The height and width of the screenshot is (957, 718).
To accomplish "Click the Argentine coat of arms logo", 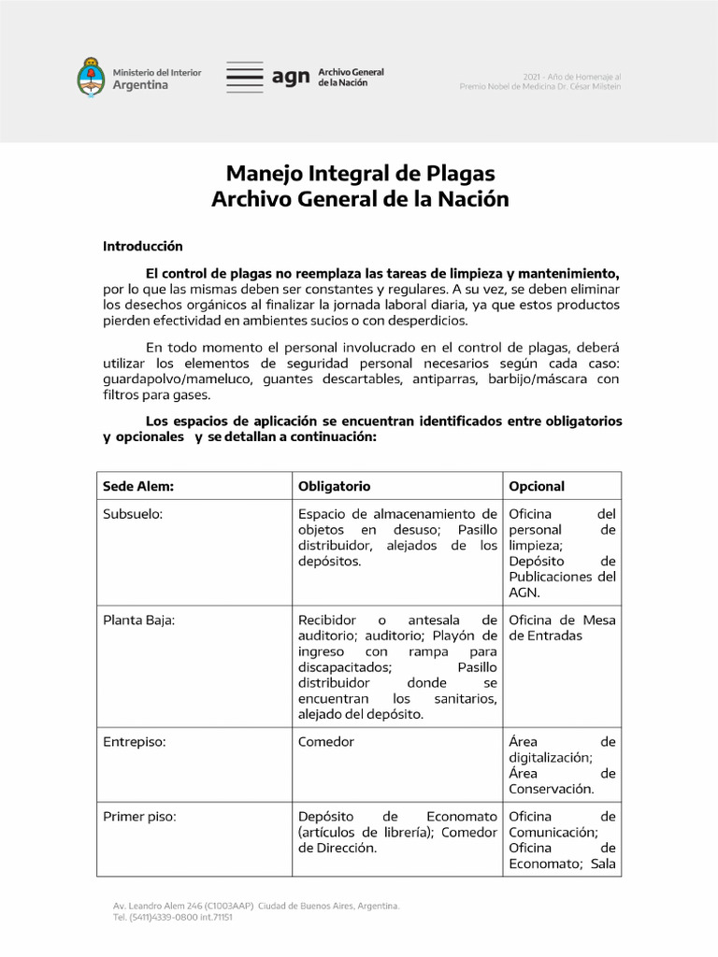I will coord(91,78).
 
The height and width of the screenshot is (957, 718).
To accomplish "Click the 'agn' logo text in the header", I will coord(291,78).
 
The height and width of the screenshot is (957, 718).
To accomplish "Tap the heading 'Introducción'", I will coord(142,247).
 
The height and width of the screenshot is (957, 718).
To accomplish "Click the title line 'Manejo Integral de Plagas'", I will coord(360,174).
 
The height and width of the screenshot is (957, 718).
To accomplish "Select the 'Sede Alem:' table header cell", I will coord(138,486).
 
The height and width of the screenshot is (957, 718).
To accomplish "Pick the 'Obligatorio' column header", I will coord(334,486).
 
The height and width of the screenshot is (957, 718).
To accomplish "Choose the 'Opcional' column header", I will coord(537,486).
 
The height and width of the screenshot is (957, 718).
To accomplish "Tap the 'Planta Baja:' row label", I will coord(138,620).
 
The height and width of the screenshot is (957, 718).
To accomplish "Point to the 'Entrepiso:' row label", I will coord(134,742).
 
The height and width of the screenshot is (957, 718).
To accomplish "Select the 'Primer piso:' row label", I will coord(139,816).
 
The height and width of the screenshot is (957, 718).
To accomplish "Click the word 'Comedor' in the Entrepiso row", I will coord(325,742).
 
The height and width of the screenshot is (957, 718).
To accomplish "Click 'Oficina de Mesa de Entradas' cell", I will coord(561,627).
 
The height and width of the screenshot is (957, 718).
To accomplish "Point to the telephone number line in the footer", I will coord(173,918).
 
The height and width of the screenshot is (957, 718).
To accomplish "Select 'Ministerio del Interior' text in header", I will coord(156,72).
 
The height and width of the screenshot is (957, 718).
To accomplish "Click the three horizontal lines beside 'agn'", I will coord(245,78).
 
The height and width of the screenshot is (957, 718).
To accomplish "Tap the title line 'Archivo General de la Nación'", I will coord(360,199).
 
